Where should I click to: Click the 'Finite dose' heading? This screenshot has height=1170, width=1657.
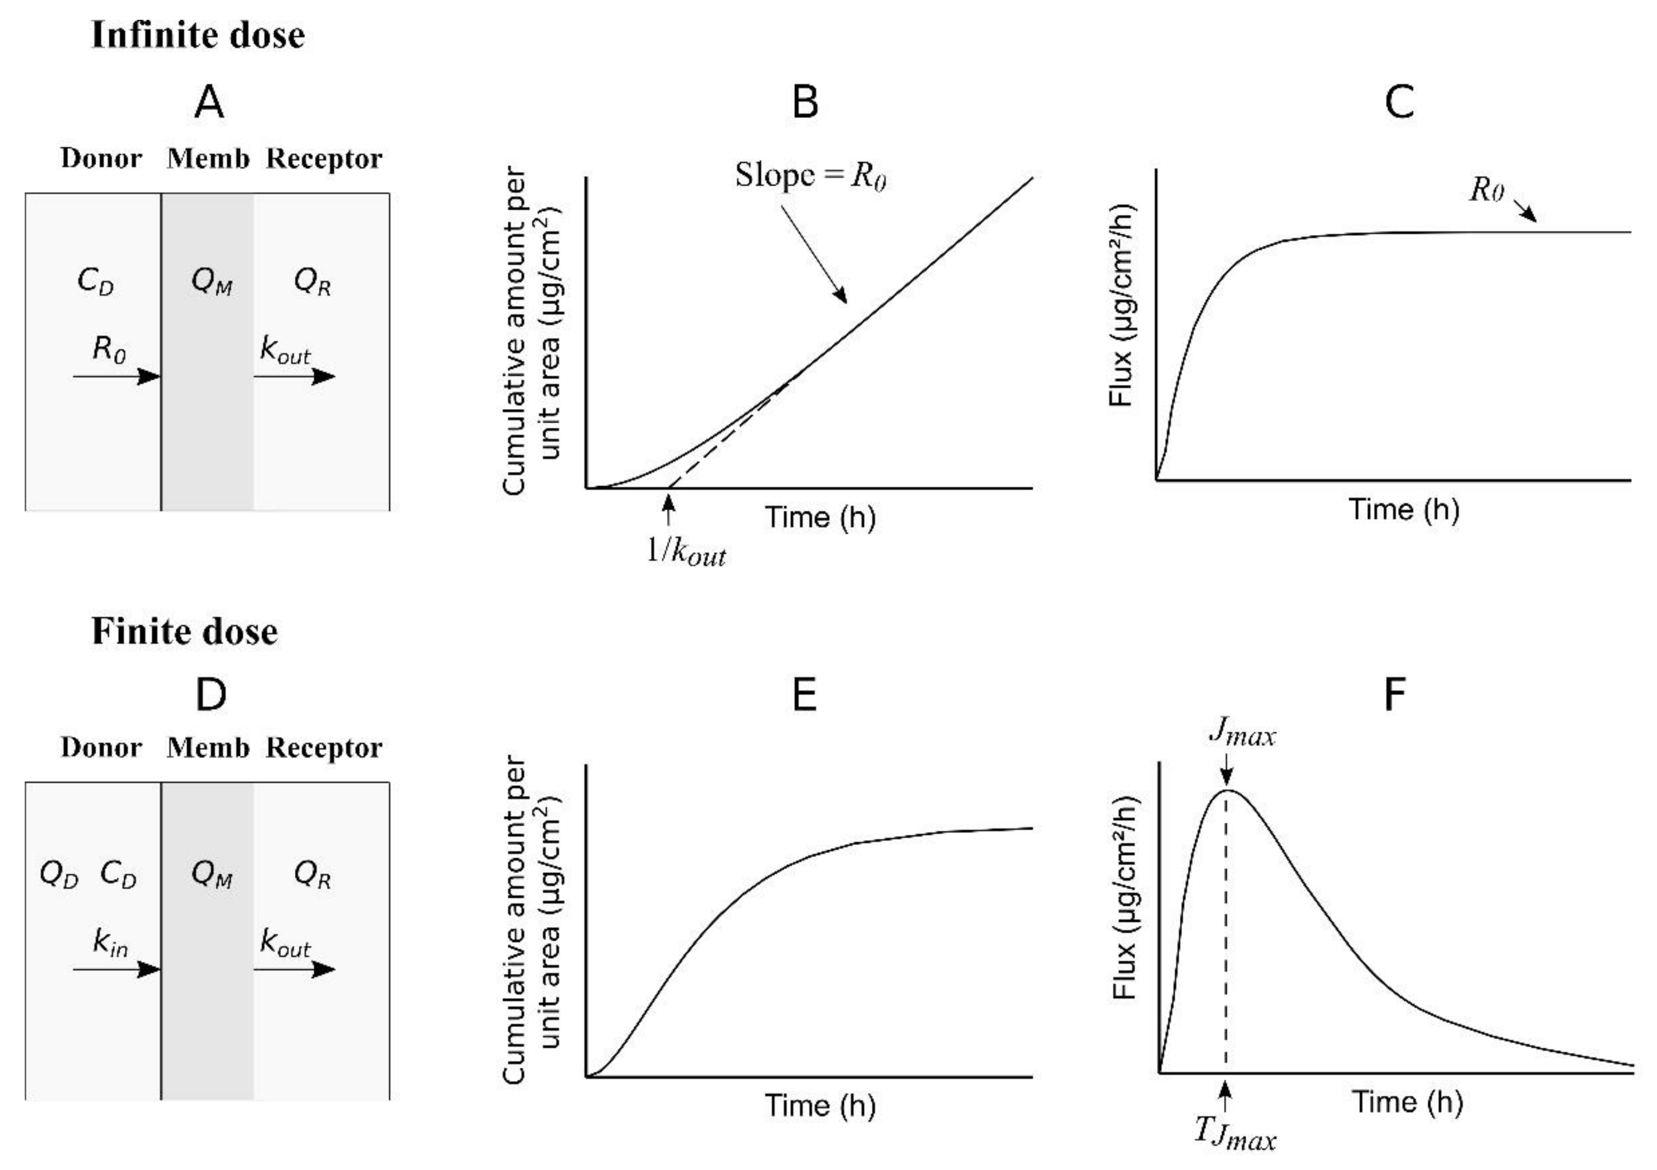(x=185, y=632)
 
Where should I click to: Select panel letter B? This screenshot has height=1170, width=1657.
(x=805, y=102)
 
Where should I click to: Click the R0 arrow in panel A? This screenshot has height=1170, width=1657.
(x=115, y=376)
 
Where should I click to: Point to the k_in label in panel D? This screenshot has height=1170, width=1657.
(x=110, y=942)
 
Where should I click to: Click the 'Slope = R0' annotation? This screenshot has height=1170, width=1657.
(x=810, y=175)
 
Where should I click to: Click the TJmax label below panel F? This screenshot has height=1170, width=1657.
(x=1235, y=1134)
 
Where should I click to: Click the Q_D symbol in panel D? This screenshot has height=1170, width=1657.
(x=58, y=875)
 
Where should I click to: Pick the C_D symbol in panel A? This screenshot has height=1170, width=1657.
(x=95, y=282)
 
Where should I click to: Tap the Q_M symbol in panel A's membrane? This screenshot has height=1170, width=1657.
(x=211, y=282)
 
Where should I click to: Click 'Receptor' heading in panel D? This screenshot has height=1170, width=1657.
(x=323, y=748)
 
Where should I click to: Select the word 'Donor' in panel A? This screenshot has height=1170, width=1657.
(x=101, y=159)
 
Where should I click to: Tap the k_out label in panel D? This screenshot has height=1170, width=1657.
(x=285, y=942)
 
